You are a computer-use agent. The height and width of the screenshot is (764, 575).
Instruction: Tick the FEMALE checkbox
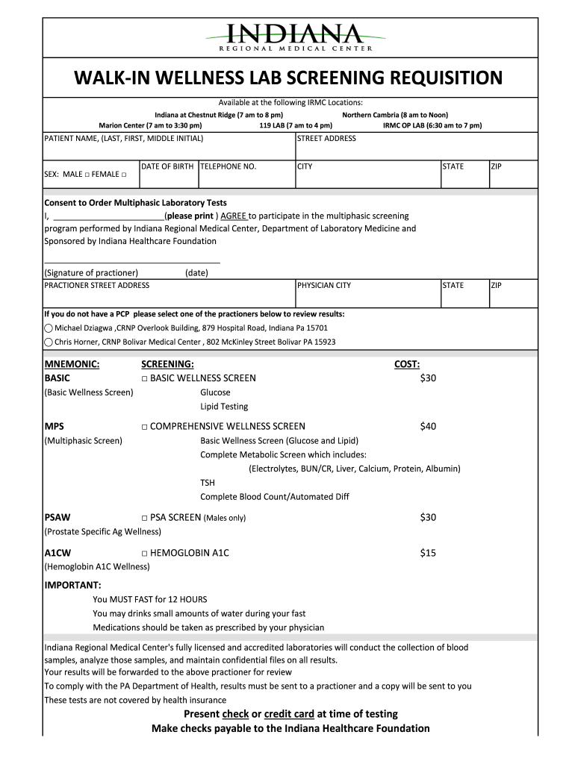coord(124,175)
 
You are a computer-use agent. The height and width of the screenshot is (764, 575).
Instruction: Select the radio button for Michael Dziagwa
coord(49,328)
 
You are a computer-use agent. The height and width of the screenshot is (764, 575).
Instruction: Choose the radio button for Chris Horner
coord(49,342)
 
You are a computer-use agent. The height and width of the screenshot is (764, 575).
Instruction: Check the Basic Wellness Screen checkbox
coord(144,378)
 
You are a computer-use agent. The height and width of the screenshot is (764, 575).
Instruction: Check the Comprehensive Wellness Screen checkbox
coord(144,427)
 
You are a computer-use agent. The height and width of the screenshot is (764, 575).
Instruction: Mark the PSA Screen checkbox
coord(144,518)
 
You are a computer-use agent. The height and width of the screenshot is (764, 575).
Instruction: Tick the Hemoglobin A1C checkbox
coord(144,554)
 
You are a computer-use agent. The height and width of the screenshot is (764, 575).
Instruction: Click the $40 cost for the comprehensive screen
coord(428,427)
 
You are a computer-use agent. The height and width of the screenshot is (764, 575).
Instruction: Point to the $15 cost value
coord(428,554)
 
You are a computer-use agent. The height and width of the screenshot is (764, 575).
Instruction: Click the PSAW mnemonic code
coord(57,518)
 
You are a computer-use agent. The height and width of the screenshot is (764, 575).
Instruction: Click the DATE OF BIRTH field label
coord(167,166)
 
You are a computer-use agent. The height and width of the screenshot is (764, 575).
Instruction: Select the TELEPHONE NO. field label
coord(228,166)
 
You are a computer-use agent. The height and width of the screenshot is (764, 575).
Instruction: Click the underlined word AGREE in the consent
coord(234,216)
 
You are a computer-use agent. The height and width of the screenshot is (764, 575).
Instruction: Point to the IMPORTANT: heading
coord(72,585)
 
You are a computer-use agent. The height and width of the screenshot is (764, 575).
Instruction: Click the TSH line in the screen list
coord(207,483)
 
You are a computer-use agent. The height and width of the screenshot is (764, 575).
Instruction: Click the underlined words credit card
coord(289,714)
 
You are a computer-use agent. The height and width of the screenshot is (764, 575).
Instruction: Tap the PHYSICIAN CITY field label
coord(324,286)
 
